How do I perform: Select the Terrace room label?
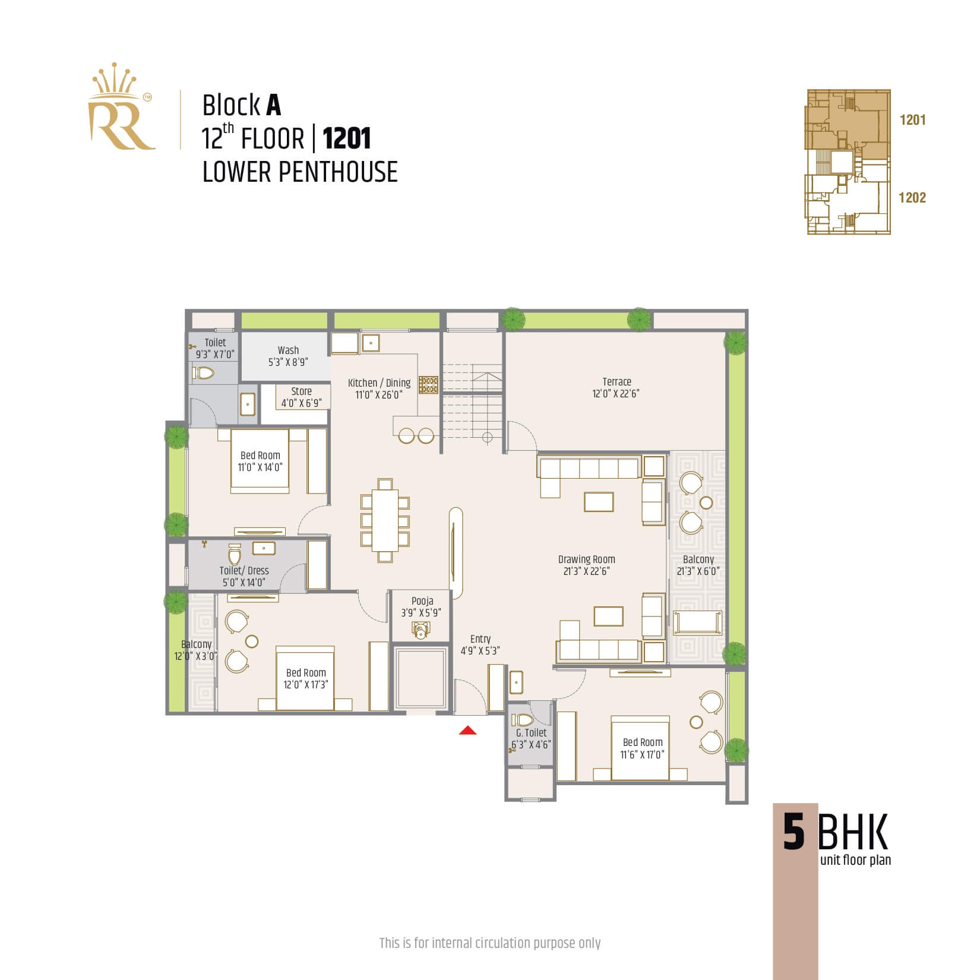point(617,387)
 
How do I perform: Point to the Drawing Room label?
point(587,565)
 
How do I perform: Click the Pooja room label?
point(422,606)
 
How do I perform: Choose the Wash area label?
point(288,356)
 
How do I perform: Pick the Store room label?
point(301,397)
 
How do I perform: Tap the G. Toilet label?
point(531,738)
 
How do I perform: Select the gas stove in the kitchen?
point(428,384)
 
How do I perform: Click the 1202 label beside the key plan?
point(912,198)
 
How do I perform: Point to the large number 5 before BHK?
point(794,832)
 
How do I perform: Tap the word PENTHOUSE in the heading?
point(337,172)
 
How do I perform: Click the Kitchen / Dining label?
point(379,388)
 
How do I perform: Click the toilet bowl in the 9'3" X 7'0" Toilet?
point(204,373)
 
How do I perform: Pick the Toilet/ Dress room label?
point(244,576)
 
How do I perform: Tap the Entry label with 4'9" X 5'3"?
point(480,644)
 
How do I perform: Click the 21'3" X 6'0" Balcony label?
point(698,565)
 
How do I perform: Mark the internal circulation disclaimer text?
point(490,943)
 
